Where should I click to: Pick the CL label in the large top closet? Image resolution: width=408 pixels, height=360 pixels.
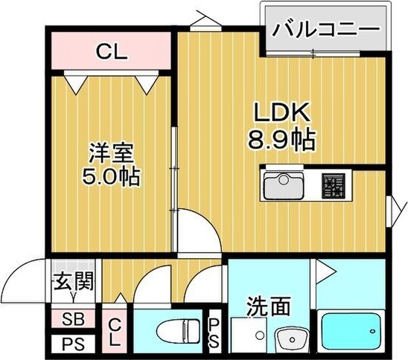[x=112, y=52]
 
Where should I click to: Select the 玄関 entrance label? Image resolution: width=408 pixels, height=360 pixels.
[x=73, y=283]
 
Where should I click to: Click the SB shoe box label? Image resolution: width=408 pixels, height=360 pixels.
[x=72, y=320]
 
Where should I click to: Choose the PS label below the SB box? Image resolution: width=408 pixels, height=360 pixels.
[x=72, y=344]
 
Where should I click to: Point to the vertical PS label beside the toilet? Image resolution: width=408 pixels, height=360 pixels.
[x=214, y=332]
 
